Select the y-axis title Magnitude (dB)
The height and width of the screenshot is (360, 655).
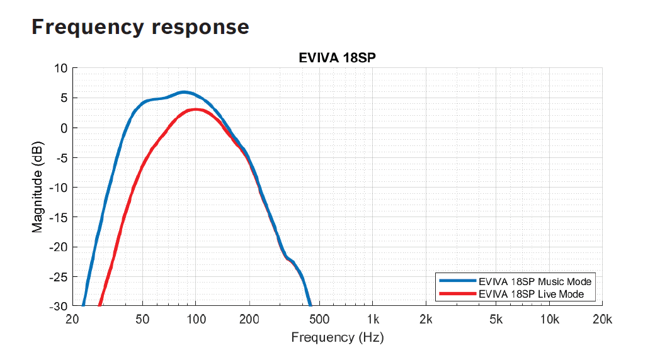(38, 187)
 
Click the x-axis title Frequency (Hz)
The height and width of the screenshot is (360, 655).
(337, 337)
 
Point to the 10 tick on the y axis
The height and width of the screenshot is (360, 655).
(60, 68)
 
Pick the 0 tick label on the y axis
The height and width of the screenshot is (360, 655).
(64, 128)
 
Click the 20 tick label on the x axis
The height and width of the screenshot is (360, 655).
(72, 320)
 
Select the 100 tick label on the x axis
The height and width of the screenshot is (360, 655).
(196, 320)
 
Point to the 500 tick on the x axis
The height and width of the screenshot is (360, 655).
(319, 320)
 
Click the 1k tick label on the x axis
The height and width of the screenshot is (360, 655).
(373, 320)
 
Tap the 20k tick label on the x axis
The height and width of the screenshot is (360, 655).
(602, 320)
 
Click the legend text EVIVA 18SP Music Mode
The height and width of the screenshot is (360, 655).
(535, 281)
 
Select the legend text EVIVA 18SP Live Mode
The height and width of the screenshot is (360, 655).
(531, 294)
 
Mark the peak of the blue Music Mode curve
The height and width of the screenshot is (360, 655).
(183, 93)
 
